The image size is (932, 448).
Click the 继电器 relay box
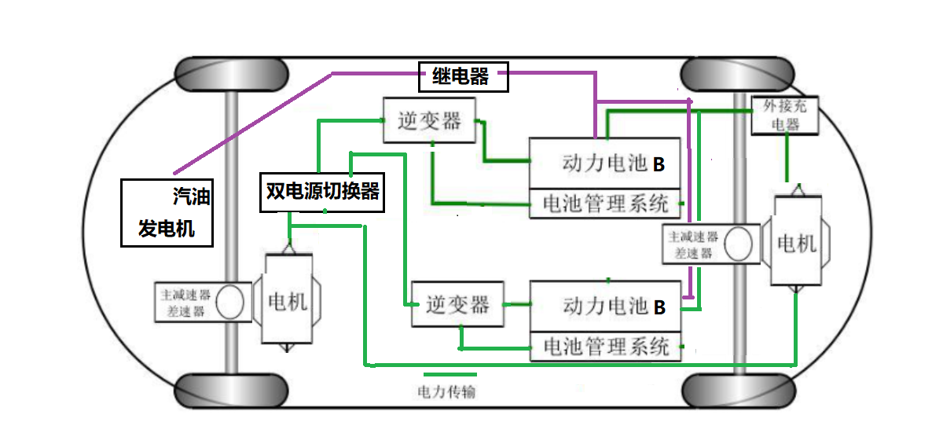click(x=462, y=76)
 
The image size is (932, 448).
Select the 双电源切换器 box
click(x=322, y=193)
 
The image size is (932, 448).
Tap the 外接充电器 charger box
click(x=785, y=116)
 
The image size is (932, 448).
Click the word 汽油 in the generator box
click(x=192, y=196)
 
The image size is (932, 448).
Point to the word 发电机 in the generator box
click(x=167, y=229)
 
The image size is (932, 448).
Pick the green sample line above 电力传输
click(x=449, y=374)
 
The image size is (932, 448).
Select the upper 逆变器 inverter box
click(x=430, y=121)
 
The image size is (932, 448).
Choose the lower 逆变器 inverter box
click(x=458, y=304)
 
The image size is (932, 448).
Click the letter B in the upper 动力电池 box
click(x=659, y=165)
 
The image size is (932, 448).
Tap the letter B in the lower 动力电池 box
click(x=660, y=307)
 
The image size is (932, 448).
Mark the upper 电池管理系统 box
click(x=605, y=204)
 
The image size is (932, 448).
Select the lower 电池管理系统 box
click(x=606, y=347)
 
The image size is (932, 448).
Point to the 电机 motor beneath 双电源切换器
click(x=288, y=301)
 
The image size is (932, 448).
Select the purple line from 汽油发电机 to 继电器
click(x=251, y=123)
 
